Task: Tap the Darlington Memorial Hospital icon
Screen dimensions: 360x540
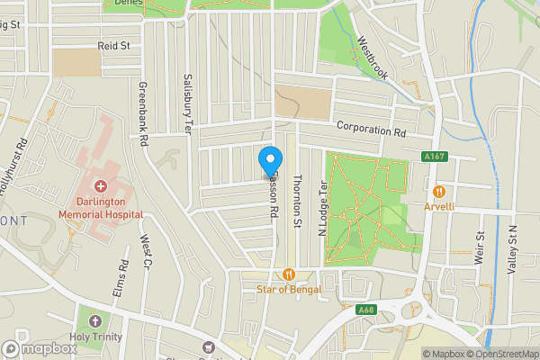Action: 100,186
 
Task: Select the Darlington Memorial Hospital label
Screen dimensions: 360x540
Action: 100,209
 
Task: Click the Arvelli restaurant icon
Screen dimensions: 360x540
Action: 439,191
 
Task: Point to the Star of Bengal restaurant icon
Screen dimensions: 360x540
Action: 288,274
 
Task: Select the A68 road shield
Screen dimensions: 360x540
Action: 365,310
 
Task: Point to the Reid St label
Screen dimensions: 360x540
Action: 114,44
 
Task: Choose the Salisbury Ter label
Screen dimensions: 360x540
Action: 188,103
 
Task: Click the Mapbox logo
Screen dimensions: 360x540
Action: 40,348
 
